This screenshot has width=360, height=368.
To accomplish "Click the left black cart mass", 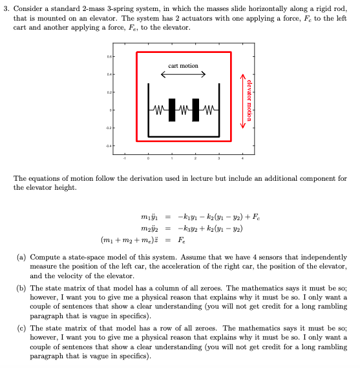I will pyautogui.click(x=172, y=110).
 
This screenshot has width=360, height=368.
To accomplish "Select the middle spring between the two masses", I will pyautogui.click(x=184, y=110).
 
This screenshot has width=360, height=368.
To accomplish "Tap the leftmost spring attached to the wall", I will pyautogui.click(x=159, y=110).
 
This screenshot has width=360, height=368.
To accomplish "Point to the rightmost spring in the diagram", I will pyautogui.click(x=208, y=110).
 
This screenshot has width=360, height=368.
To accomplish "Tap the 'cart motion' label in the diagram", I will pyautogui.click(x=183, y=66).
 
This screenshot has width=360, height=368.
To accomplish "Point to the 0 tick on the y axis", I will pyautogui.click(x=111, y=111).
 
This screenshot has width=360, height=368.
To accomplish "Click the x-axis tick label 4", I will pyautogui.click(x=243, y=156).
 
